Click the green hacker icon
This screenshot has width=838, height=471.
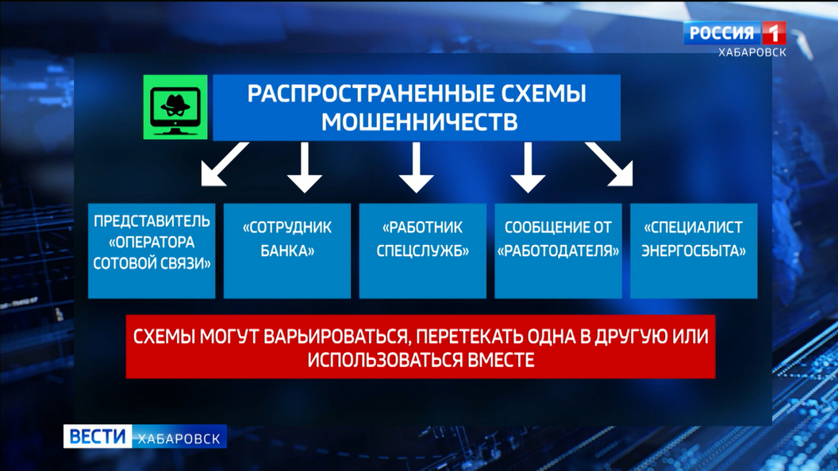(x=175, y=107)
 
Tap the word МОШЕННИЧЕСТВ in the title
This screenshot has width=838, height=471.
(x=420, y=122)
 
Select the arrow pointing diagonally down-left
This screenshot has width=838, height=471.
(x=225, y=164)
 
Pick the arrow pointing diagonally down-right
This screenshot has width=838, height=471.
(x=609, y=164)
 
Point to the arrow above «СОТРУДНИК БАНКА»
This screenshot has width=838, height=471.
(x=305, y=167)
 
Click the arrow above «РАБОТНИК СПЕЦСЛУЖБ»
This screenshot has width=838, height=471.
(x=417, y=167)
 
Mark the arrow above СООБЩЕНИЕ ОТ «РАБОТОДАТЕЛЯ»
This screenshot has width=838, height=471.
(x=528, y=167)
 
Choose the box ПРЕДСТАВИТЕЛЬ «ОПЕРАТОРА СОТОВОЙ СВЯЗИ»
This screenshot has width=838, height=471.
(x=152, y=251)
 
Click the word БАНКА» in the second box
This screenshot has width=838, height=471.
(x=287, y=251)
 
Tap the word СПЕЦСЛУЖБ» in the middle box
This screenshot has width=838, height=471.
(x=423, y=251)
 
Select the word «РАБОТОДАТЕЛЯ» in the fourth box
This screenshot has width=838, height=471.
(x=558, y=251)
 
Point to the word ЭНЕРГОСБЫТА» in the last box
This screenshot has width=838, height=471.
(x=694, y=251)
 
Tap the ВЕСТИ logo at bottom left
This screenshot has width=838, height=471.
(x=98, y=436)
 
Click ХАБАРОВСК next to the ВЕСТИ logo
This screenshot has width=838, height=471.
(x=179, y=438)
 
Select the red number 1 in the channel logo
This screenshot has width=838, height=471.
(x=774, y=33)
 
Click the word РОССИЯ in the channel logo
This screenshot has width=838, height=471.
(x=721, y=33)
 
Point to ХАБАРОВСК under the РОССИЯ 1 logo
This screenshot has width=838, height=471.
(x=752, y=52)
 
